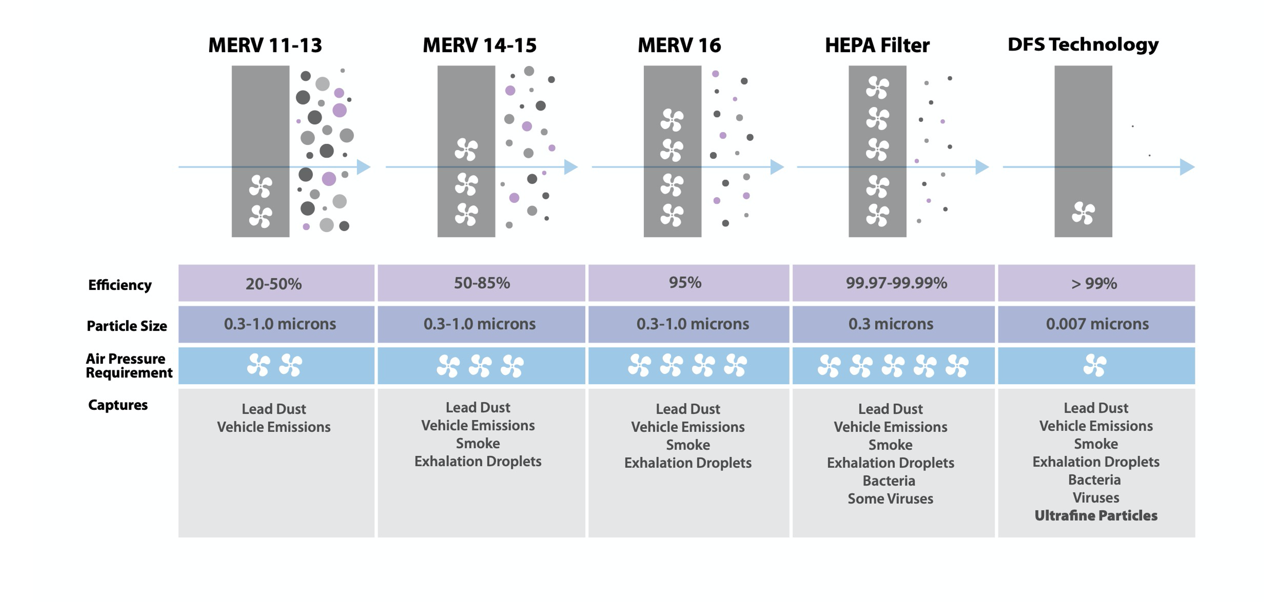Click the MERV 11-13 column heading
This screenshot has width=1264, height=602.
(265, 45)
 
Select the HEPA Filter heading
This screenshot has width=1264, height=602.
(877, 45)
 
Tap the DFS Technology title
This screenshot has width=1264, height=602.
(1083, 45)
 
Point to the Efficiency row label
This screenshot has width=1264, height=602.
(120, 285)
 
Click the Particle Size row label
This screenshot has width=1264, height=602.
(127, 326)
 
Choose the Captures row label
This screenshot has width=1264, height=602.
(118, 405)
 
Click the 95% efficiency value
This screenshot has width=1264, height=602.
(685, 282)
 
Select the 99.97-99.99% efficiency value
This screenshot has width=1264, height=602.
(897, 283)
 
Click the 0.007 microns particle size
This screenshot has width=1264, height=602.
(1097, 324)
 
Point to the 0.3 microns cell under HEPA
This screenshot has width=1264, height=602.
(890, 324)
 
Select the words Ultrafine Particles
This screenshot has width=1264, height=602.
(1096, 515)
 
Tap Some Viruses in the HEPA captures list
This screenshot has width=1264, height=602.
(890, 499)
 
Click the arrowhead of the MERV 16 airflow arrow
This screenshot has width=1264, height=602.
(778, 167)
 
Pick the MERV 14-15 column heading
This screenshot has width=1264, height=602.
(480, 45)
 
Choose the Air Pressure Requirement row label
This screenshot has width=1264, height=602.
(129, 366)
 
